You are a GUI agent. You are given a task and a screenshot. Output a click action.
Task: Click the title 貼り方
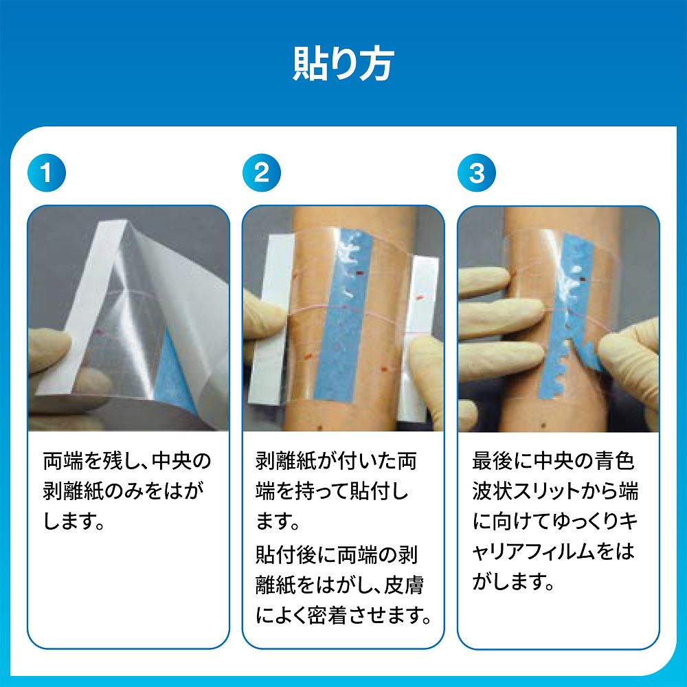coord(343,65)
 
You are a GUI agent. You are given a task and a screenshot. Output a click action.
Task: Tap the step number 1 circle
coord(47,172)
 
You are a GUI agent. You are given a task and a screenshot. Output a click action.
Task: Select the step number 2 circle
coord(262,172)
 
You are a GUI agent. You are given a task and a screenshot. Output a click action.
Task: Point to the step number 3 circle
coord(477,172)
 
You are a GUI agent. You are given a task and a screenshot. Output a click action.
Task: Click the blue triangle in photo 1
coord(175,372)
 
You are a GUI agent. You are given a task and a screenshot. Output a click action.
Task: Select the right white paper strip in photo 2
coord(422,337)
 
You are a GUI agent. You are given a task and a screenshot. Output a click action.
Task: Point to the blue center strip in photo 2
coord(346,315)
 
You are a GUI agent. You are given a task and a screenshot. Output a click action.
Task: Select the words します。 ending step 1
coord(74,521)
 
